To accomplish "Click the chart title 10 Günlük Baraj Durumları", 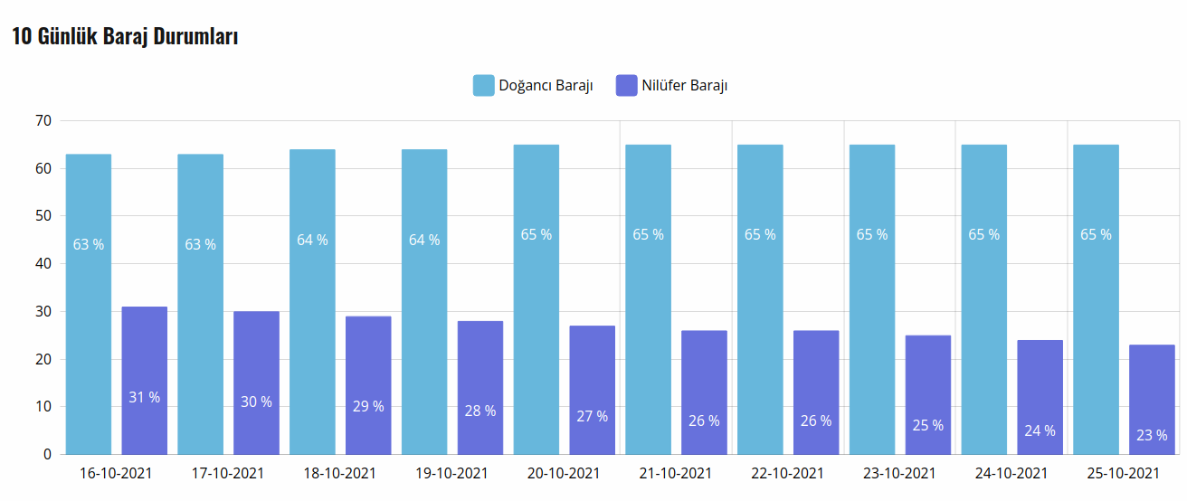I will [x=125, y=37].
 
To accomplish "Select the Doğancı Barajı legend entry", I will [x=533, y=86].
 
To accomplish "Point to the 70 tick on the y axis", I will [x=43, y=120].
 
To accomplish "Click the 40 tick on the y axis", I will [x=43, y=264].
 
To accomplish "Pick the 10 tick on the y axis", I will [x=43, y=407].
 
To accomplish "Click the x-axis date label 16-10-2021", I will [x=116, y=473].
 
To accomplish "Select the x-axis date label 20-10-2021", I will [x=564, y=473].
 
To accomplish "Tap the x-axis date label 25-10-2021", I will [x=1123, y=473].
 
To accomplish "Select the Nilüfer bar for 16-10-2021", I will [x=145, y=380].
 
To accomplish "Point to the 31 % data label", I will [x=145, y=397].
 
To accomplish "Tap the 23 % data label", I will [x=1152, y=435].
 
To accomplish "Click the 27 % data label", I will [x=593, y=416].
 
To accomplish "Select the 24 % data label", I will [x=1040, y=430].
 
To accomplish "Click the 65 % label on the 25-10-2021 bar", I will [x=1096, y=234].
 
